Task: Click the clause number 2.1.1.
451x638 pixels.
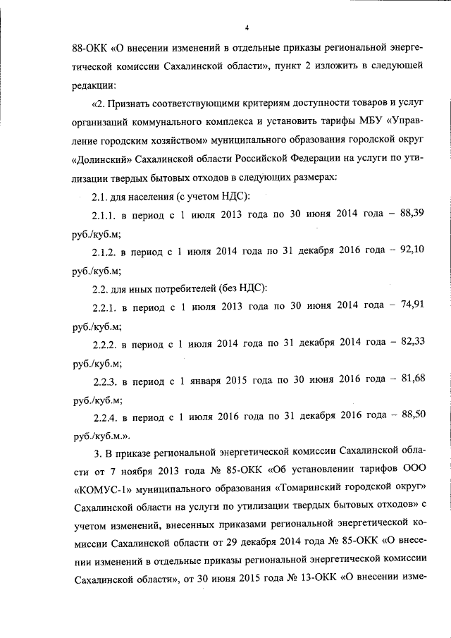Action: click(x=105, y=233)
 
